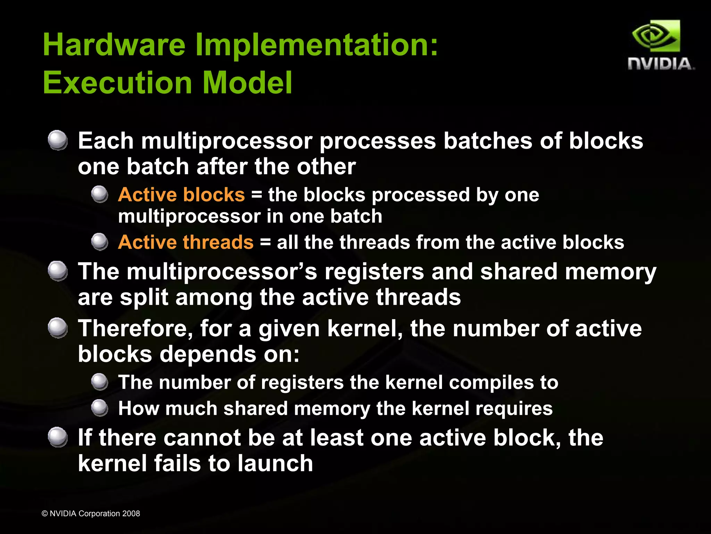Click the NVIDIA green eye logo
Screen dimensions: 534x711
coord(656,36)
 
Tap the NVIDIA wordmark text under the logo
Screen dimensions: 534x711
coord(661,64)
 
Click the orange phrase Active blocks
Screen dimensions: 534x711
coord(181,195)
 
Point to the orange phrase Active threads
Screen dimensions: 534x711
coord(186,242)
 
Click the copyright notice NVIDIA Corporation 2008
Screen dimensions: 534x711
coord(91,514)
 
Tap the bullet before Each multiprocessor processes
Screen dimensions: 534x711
coord(58,140)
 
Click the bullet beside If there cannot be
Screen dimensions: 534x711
coord(58,437)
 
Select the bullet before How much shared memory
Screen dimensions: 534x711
coord(100,408)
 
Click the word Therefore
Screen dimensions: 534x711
coord(135,328)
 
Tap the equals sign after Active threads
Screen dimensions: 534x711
coord(265,242)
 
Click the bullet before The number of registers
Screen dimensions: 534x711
coord(100,382)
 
